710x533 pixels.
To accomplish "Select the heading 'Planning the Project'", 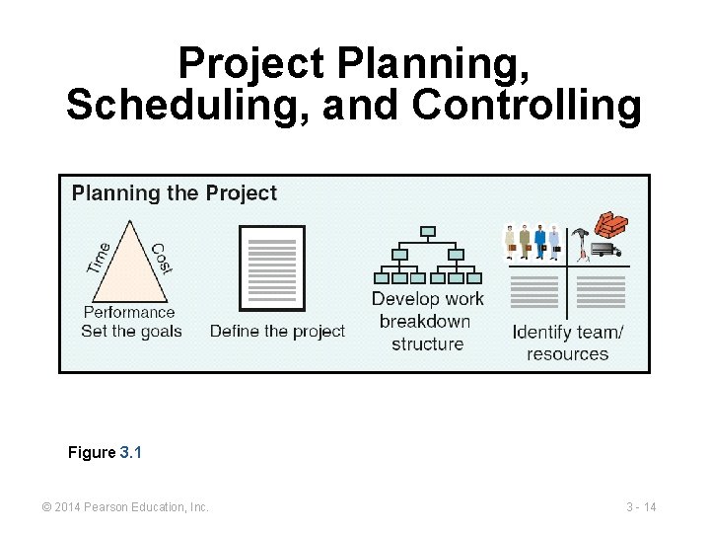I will pyautogui.click(x=175, y=193).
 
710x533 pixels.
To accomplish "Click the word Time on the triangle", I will pyautogui.click(x=99, y=258).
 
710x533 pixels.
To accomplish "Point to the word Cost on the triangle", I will pyautogui.click(x=161, y=259).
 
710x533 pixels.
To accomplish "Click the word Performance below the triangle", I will pyautogui.click(x=129, y=312).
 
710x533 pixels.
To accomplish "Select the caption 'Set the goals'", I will pyautogui.click(x=131, y=331).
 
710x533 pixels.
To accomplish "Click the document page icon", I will pyautogui.click(x=272, y=268).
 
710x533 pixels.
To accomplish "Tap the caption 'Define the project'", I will pyautogui.click(x=277, y=332).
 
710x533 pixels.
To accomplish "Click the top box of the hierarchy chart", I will pyautogui.click(x=427, y=232).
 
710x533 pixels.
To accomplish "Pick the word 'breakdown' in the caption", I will pyautogui.click(x=425, y=322).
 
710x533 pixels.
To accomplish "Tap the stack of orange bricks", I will pyautogui.click(x=611, y=225).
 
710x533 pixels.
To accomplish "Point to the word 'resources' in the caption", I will pyautogui.click(x=567, y=354).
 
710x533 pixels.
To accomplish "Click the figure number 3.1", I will pyautogui.click(x=131, y=452).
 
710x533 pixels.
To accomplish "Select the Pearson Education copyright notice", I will pyautogui.click(x=125, y=507).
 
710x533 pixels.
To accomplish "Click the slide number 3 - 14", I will pyautogui.click(x=641, y=507).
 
